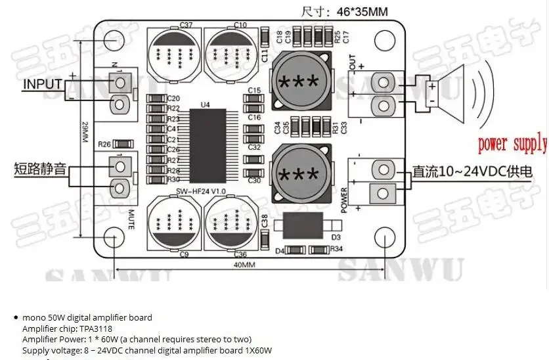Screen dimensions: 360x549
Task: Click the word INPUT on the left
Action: click(43, 84)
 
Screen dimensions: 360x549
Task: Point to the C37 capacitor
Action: click(173, 53)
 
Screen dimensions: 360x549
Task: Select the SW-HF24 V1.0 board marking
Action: click(201, 191)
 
